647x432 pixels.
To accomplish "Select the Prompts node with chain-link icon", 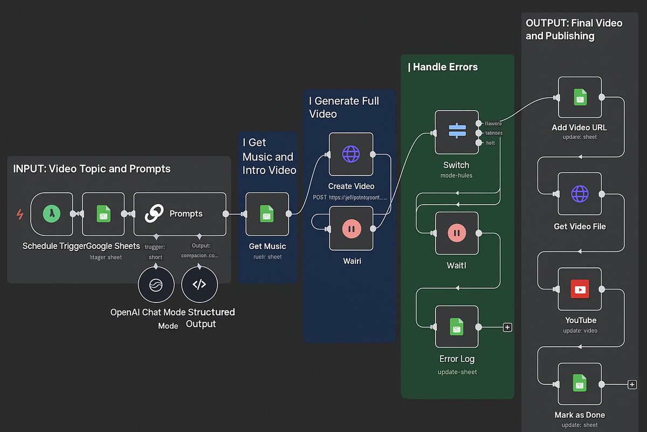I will [180, 214].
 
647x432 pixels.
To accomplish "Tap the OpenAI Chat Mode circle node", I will [155, 285].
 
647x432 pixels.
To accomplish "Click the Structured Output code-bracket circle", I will [199, 285].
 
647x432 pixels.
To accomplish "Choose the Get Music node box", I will [267, 214].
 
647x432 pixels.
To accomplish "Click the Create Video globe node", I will [351, 154].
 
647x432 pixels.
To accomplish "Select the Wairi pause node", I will [351, 229].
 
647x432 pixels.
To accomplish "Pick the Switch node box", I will [456, 132].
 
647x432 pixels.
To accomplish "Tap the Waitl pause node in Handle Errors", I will [456, 233].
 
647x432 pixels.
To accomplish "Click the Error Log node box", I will [456, 327].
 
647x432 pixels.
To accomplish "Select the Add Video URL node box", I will [580, 97].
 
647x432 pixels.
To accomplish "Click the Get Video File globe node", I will [580, 194].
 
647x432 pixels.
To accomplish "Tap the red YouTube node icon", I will [580, 289].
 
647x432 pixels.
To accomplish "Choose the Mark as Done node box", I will [580, 384].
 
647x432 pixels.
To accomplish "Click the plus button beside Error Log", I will [507, 327].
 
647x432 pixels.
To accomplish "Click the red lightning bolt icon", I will [20, 214].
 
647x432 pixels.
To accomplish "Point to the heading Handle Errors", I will [443, 67].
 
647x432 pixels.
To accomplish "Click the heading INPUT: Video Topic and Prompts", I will [92, 169].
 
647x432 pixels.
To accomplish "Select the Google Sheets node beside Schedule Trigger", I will [104, 214].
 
